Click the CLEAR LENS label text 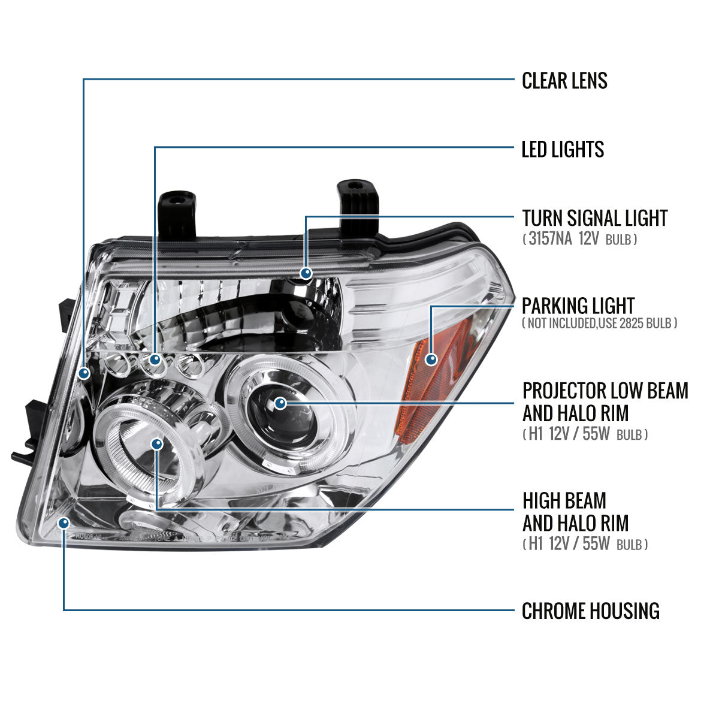pyautogui.click(x=564, y=80)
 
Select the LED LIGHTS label pyautogui.click(x=563, y=149)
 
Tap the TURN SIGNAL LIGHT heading pyautogui.click(x=594, y=218)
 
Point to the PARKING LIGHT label pyautogui.click(x=578, y=306)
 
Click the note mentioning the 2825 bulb pyautogui.click(x=599, y=324)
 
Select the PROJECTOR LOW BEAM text pyautogui.click(x=605, y=391)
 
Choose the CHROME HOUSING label pyautogui.click(x=590, y=611)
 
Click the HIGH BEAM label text pyautogui.click(x=564, y=500)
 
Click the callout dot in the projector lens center pyautogui.click(x=280, y=403)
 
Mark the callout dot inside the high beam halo pyautogui.click(x=157, y=444)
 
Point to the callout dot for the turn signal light pyautogui.click(x=306, y=273)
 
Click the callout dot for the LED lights pyautogui.click(x=155, y=359)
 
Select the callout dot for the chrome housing pyautogui.click(x=64, y=524)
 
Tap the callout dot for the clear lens pyautogui.click(x=84, y=373)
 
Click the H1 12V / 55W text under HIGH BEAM pyautogui.click(x=584, y=544)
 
